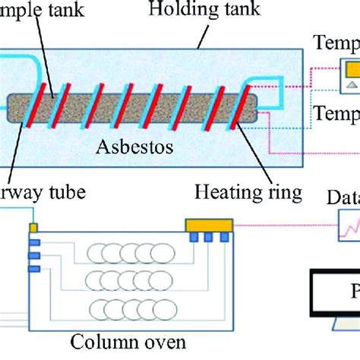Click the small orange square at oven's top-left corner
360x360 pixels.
point(33,227)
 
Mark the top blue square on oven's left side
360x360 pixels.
point(33,242)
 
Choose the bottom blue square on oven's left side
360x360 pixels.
point(33,267)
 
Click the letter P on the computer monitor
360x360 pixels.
point(353,292)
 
